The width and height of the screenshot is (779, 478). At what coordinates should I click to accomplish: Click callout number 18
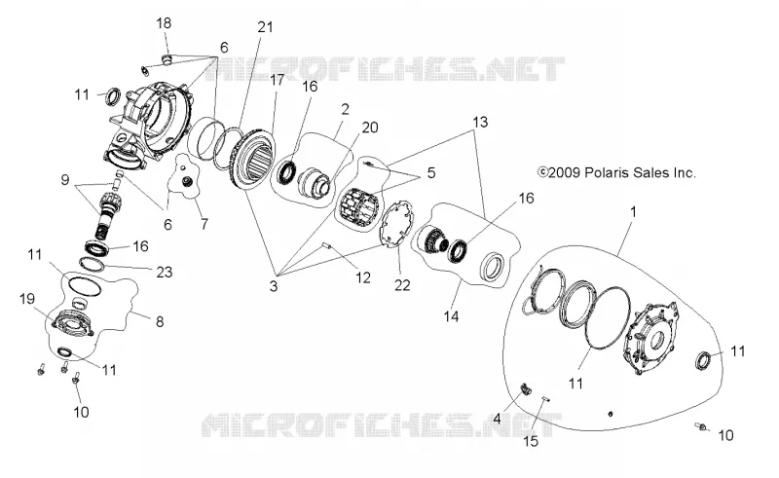click(x=164, y=22)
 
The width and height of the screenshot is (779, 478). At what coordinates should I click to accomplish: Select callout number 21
click(x=265, y=26)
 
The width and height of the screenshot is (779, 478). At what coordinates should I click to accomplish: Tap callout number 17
click(x=277, y=80)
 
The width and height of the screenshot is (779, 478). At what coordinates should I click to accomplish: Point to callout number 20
click(x=370, y=128)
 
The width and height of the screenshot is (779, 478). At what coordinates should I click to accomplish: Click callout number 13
click(x=480, y=122)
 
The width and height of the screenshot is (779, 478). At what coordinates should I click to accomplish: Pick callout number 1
click(x=633, y=211)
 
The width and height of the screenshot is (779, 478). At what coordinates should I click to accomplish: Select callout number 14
click(x=451, y=316)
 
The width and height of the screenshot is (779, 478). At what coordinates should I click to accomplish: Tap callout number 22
click(x=402, y=285)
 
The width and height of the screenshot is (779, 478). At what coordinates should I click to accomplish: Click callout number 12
click(x=363, y=277)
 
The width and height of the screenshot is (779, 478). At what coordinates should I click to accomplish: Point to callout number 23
click(x=164, y=272)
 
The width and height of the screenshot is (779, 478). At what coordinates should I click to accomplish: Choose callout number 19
click(x=27, y=299)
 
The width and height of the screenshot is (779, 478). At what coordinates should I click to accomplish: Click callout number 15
click(x=531, y=441)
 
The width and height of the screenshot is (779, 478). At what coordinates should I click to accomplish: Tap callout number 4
click(x=497, y=419)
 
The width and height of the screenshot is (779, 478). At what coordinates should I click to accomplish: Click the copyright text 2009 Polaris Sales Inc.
click(x=616, y=172)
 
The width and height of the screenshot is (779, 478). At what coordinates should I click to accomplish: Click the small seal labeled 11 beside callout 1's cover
click(x=703, y=360)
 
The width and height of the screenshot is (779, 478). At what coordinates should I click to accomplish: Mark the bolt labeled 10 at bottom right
click(x=701, y=426)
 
